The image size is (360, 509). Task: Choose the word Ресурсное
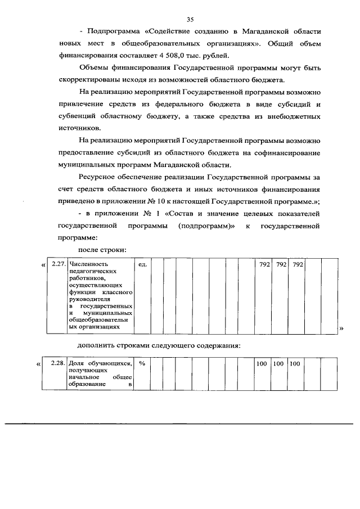(100, 177)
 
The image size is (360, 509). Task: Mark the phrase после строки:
(101, 250)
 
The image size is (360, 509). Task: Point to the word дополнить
(96, 345)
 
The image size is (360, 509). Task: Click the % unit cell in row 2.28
(142, 364)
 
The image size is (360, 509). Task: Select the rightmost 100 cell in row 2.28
(295, 364)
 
